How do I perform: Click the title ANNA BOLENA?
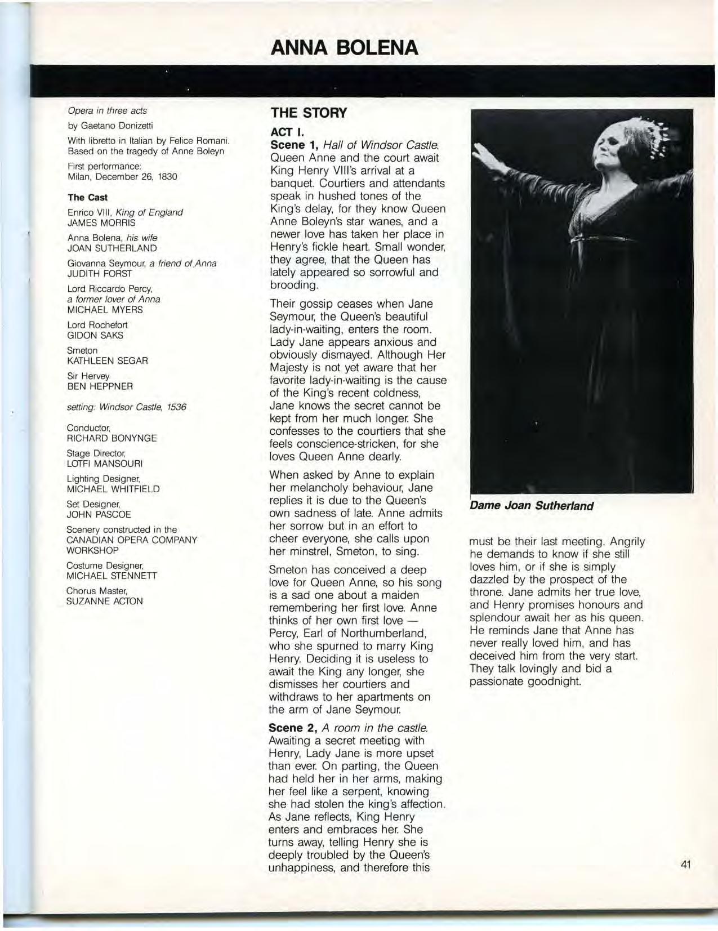[x=345, y=48]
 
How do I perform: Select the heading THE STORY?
[x=309, y=113]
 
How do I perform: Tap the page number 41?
[x=685, y=865]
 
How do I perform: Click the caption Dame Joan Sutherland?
[x=532, y=505]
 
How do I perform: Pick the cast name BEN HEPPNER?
[x=100, y=386]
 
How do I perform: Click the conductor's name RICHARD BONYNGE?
[x=112, y=438]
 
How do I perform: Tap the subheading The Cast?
[x=87, y=197]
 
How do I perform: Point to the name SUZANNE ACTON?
[x=105, y=601]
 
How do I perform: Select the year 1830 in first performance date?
[x=167, y=176]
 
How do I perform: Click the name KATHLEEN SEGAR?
[x=107, y=360]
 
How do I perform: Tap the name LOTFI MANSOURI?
[x=105, y=464]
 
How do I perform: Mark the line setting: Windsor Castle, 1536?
[x=127, y=407]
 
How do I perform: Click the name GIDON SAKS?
[x=95, y=335]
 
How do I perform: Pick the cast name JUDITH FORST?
[x=100, y=274]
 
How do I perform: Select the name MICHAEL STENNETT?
[x=112, y=576]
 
